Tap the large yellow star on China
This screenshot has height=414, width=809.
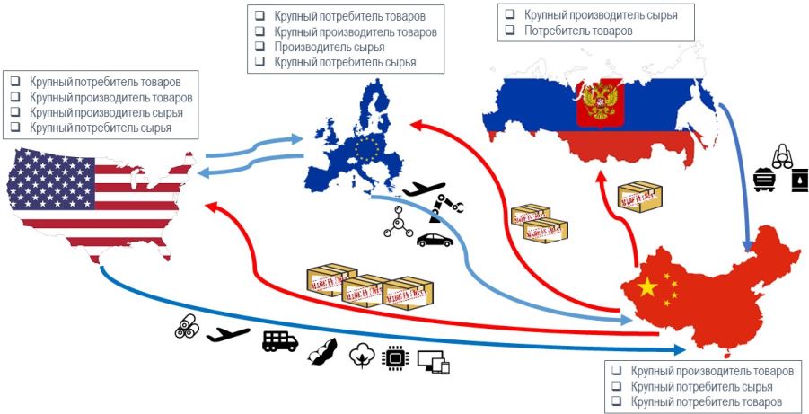click(x=647, y=286)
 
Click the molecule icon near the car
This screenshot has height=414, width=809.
click(x=396, y=222)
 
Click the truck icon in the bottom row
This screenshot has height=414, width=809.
click(x=279, y=340)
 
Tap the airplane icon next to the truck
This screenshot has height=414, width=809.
click(x=228, y=335)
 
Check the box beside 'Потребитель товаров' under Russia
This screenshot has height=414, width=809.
click(x=510, y=31)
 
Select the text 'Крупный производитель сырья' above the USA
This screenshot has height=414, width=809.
click(x=106, y=113)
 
